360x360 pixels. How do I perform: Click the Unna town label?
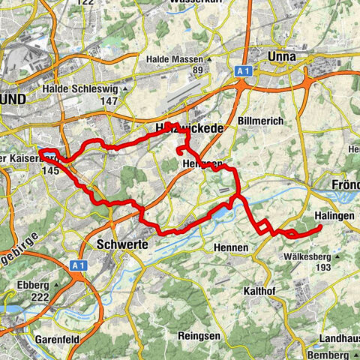(x=283, y=57)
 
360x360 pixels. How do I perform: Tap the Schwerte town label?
(x=120, y=244)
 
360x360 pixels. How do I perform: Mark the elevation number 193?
(x=323, y=268)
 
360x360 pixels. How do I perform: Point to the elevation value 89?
(x=198, y=70)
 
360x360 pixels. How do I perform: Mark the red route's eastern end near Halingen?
(x=320, y=226)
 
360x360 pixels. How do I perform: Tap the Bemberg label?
(x=335, y=353)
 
